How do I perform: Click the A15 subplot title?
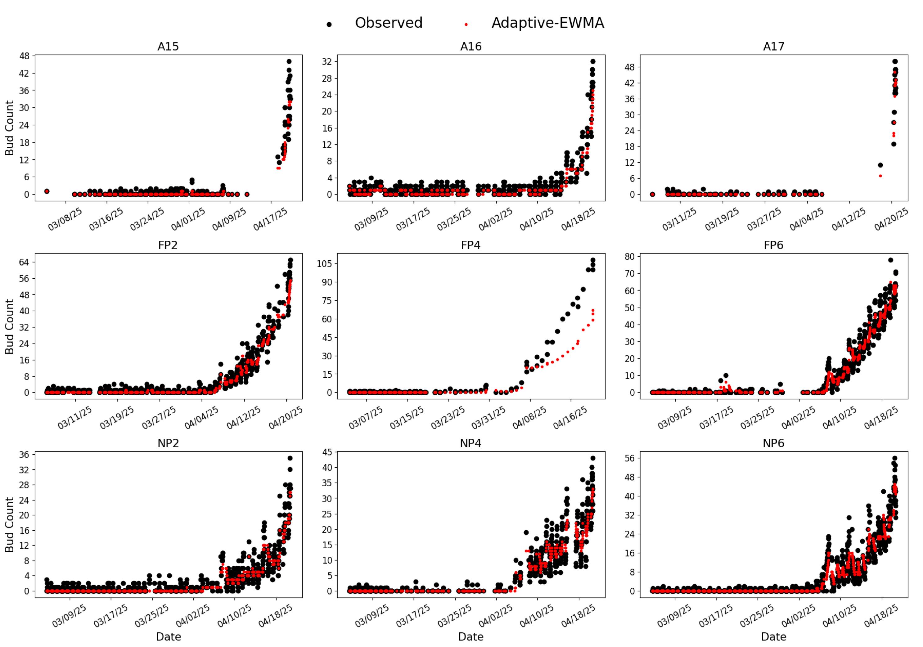coord(168,47)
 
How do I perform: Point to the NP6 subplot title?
coord(773,443)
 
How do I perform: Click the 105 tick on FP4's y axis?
coord(324,264)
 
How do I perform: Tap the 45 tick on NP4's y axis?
coord(327,452)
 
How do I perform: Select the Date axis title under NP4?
coord(471,636)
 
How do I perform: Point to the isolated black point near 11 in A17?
coord(880,165)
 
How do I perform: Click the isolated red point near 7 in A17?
coord(880,176)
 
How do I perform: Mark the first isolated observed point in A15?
coord(47,191)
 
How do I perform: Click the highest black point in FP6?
coord(890,260)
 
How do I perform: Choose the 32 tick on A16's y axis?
coord(327,61)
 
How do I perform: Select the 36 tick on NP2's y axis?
coord(24,455)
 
